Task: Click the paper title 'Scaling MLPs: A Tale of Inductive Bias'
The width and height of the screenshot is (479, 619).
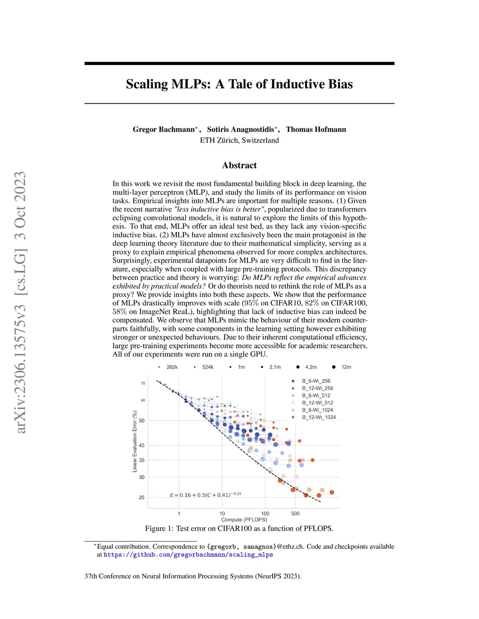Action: [x=239, y=84]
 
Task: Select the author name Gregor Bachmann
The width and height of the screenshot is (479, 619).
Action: [x=164, y=129]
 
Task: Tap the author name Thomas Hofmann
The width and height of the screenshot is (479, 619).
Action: [x=316, y=129]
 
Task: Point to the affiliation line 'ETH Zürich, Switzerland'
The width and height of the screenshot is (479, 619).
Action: [x=239, y=140]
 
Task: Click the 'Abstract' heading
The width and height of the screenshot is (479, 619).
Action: [x=239, y=165]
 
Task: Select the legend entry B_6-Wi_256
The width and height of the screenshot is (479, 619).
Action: [x=316, y=381]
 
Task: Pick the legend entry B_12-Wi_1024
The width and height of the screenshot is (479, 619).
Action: [x=319, y=417]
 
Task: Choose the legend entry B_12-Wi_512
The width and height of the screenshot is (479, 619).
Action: [x=317, y=403]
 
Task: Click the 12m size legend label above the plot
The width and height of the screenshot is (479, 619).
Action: [x=346, y=367]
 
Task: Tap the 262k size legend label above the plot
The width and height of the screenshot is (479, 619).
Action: [x=172, y=367]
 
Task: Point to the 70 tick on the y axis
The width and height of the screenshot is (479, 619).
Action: [x=143, y=384]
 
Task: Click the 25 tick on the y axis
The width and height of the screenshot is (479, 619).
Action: [x=141, y=498]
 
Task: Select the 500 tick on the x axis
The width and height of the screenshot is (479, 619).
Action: [x=295, y=514]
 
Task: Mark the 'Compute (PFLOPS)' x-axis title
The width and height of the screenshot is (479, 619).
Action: [x=244, y=520]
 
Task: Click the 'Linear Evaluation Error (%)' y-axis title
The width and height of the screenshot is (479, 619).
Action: [x=135, y=441]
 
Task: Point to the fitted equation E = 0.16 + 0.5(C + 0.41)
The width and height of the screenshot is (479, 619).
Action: [x=205, y=495]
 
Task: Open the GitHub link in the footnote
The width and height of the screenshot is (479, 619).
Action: [x=188, y=555]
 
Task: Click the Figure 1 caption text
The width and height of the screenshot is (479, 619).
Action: [x=239, y=529]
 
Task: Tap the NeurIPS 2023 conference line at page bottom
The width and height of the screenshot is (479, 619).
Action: [x=193, y=576]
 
